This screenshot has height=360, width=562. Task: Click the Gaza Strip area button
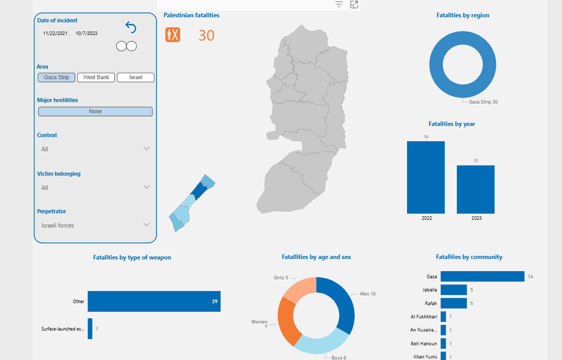(56, 78)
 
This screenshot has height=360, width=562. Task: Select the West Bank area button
(96, 78)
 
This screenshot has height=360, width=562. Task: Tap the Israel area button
(136, 78)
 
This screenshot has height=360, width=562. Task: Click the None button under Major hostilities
(96, 112)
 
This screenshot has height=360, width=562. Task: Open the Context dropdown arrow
(146, 148)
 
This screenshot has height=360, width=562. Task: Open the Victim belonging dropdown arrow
(146, 187)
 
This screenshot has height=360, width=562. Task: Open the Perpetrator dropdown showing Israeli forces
(146, 224)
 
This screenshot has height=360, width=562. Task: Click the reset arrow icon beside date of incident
(131, 27)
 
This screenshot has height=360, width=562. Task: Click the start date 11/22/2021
(55, 34)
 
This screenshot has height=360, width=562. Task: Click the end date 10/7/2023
(86, 34)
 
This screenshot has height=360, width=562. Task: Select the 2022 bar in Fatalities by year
(426, 177)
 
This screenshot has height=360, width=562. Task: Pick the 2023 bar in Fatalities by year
(476, 189)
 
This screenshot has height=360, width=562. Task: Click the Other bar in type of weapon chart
(154, 302)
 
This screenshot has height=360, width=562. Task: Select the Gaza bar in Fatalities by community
(482, 276)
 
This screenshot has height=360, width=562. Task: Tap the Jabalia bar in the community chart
(453, 290)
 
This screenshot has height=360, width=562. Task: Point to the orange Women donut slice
(287, 321)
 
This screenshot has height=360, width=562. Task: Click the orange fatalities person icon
(173, 35)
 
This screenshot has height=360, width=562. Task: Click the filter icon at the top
(339, 5)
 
